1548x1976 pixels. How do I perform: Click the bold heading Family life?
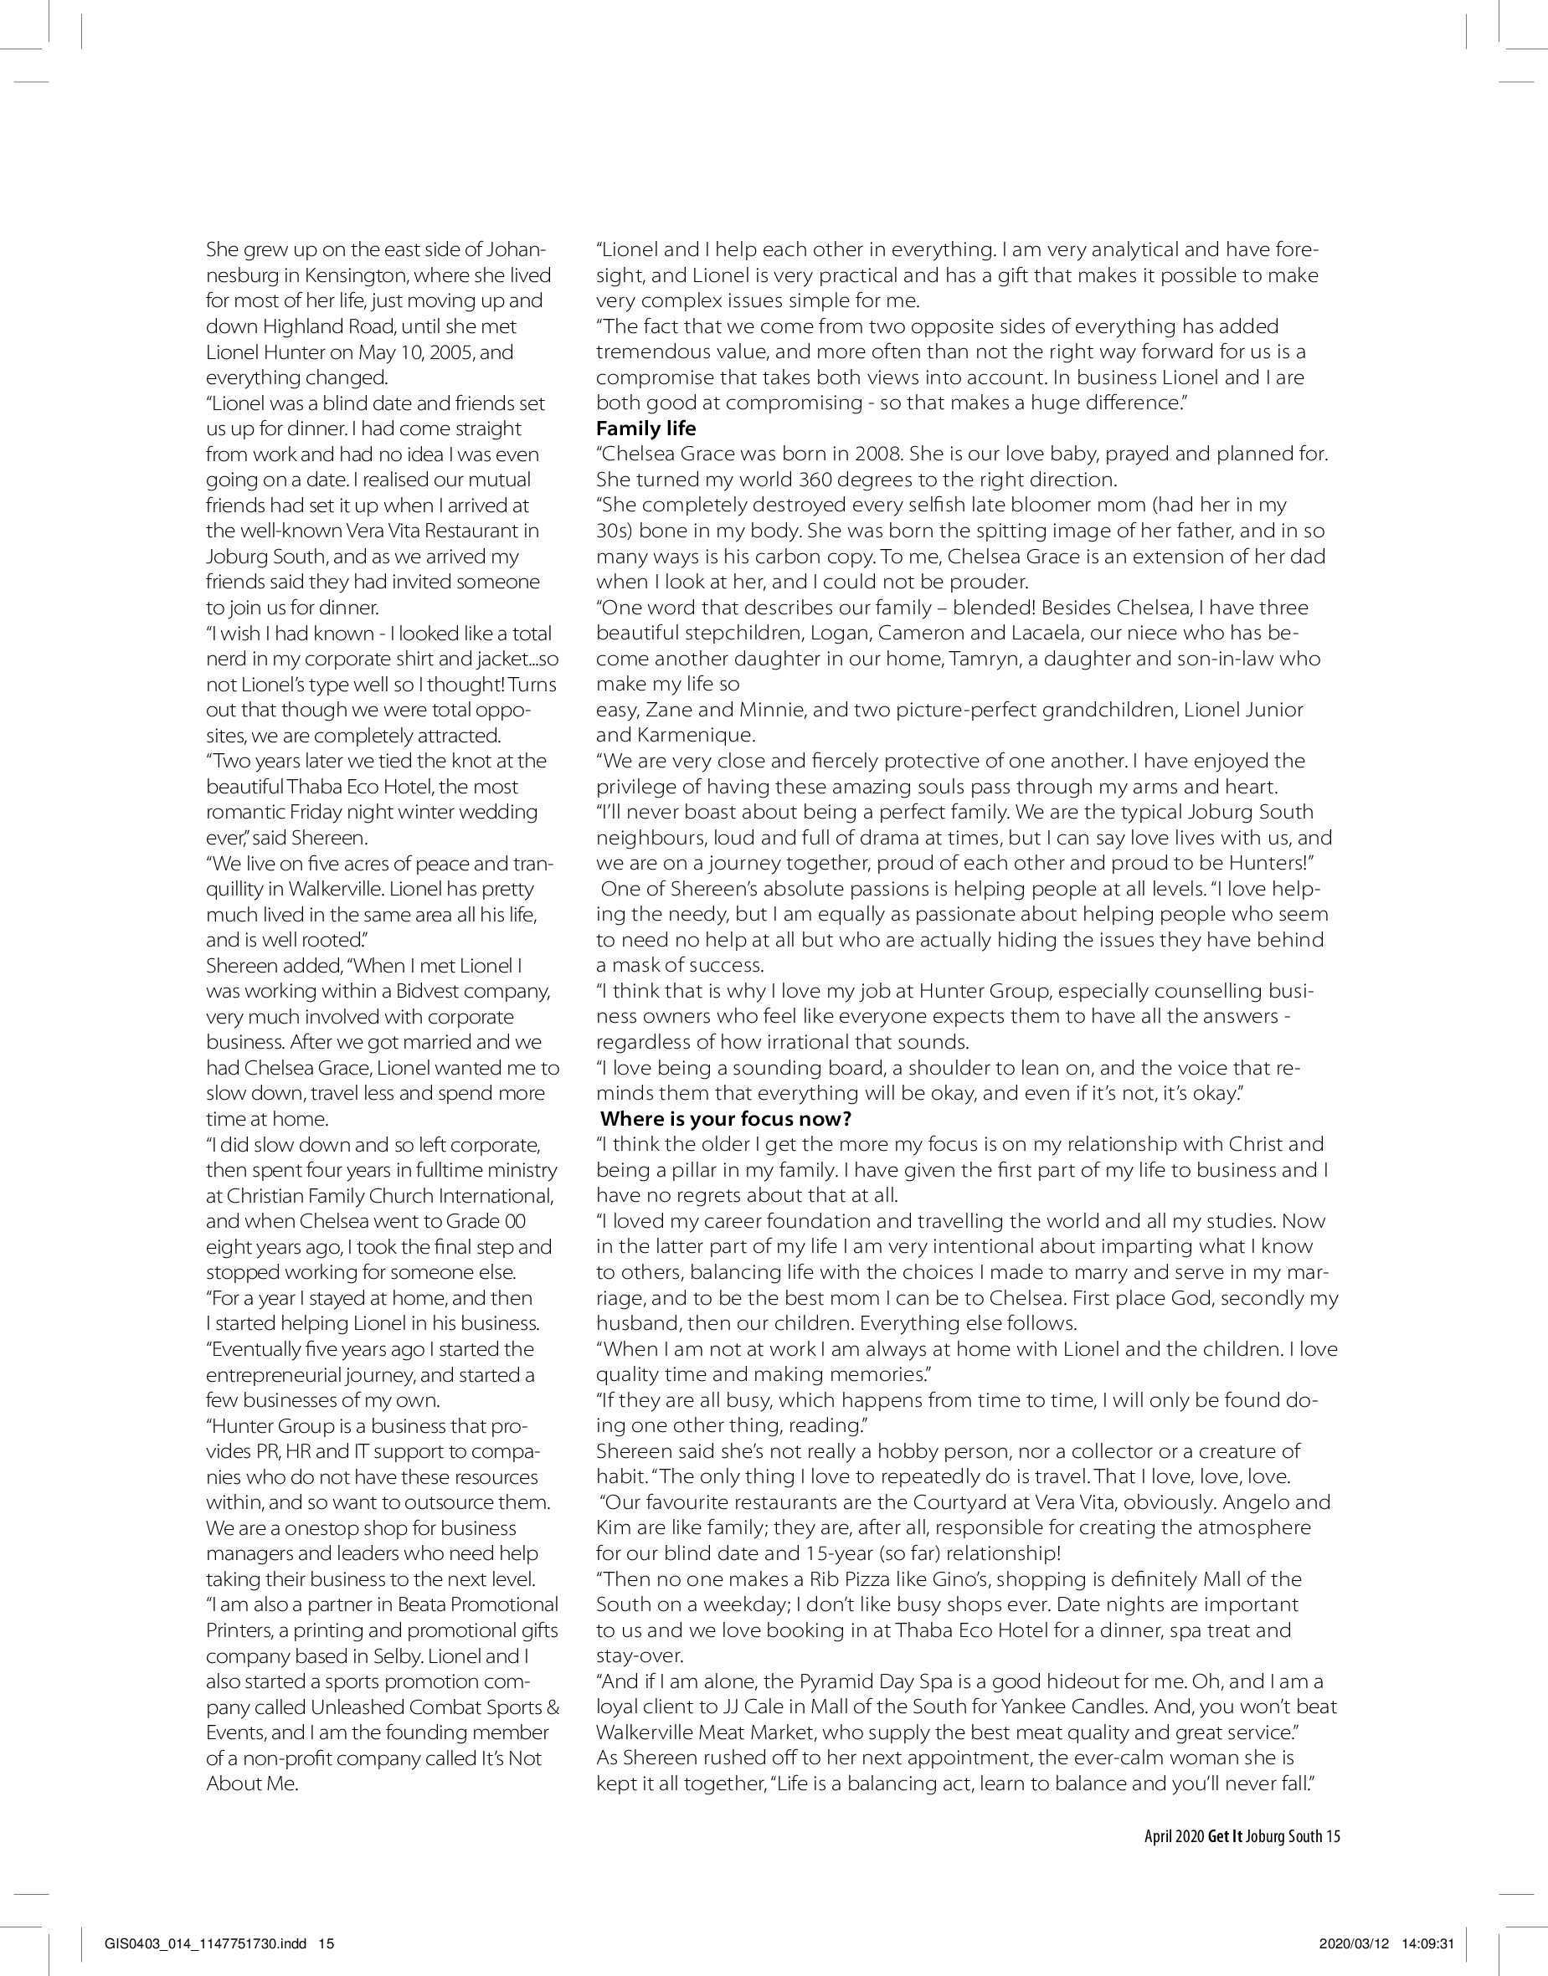(x=645, y=429)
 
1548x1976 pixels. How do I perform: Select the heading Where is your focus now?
(x=725, y=1119)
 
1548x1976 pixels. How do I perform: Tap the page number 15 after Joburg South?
(x=1332, y=1836)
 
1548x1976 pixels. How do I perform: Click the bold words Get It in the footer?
(x=1225, y=1836)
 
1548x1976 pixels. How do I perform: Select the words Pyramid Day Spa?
(x=872, y=1681)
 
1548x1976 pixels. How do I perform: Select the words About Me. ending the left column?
(x=251, y=1784)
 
